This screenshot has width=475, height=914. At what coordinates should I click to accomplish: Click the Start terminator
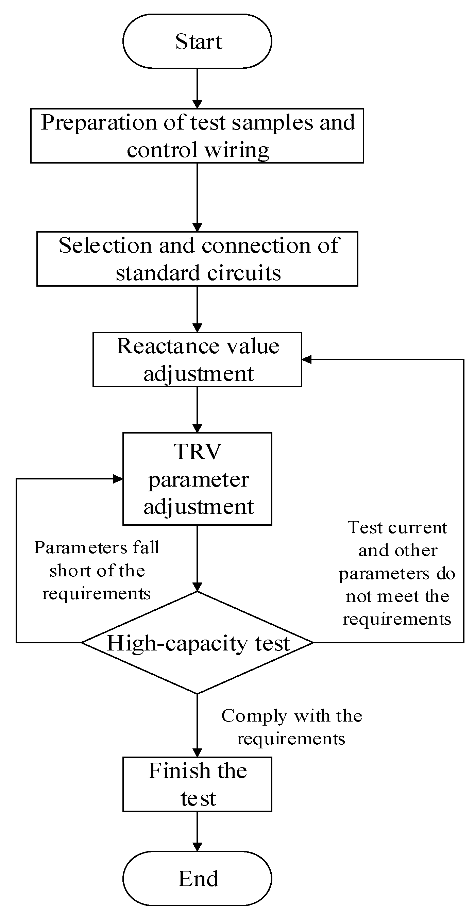point(197,41)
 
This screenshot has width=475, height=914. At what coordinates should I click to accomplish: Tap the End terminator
point(197,879)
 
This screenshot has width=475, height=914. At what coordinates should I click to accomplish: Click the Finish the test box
point(197,784)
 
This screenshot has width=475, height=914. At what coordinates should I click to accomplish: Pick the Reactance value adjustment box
point(197,359)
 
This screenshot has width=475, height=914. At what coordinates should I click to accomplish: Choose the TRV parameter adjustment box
point(197,479)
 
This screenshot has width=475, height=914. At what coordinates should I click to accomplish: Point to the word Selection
point(105,246)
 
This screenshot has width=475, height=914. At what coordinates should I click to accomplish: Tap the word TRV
point(197,452)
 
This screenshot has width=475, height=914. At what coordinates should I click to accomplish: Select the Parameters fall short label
point(97,570)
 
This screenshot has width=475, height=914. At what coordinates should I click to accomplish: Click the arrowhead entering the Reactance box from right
point(306,359)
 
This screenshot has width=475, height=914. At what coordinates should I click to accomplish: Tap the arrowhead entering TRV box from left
point(118,479)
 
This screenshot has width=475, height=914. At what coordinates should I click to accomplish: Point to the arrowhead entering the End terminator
point(197,847)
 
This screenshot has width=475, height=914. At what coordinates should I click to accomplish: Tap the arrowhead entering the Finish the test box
point(197,753)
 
